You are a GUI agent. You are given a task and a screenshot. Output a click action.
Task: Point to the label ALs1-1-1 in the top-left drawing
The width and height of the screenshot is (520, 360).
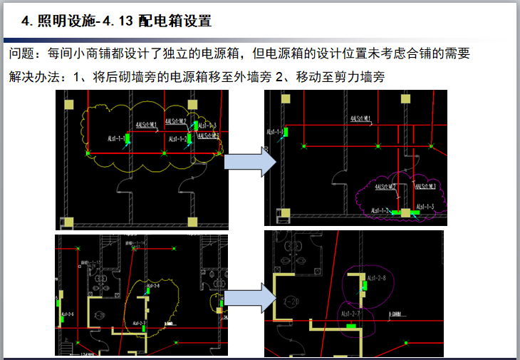115,138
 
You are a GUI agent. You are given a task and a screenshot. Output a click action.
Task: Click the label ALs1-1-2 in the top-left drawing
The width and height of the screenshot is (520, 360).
178,138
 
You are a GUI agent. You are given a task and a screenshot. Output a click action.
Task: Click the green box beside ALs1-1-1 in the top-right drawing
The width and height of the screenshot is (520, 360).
286,132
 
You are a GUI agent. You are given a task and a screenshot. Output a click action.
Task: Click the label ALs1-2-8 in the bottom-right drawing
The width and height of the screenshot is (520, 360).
376,278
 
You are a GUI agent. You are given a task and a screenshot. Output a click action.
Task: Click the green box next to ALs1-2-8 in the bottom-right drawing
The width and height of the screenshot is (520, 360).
365,287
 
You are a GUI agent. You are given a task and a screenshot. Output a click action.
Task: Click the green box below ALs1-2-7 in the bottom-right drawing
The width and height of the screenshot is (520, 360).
350,325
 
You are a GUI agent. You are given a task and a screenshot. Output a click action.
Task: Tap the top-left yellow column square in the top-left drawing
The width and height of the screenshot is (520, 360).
68,105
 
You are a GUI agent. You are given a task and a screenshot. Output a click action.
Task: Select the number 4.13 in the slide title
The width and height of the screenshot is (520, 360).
118,21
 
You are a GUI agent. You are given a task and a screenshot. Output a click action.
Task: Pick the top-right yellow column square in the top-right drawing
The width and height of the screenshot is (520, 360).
427,102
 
